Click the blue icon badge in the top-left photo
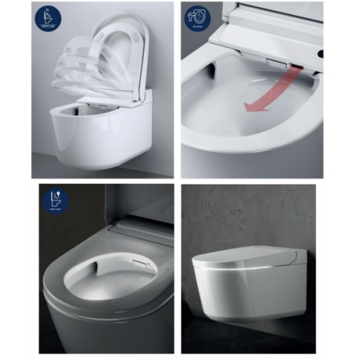(x=48, y=17)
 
